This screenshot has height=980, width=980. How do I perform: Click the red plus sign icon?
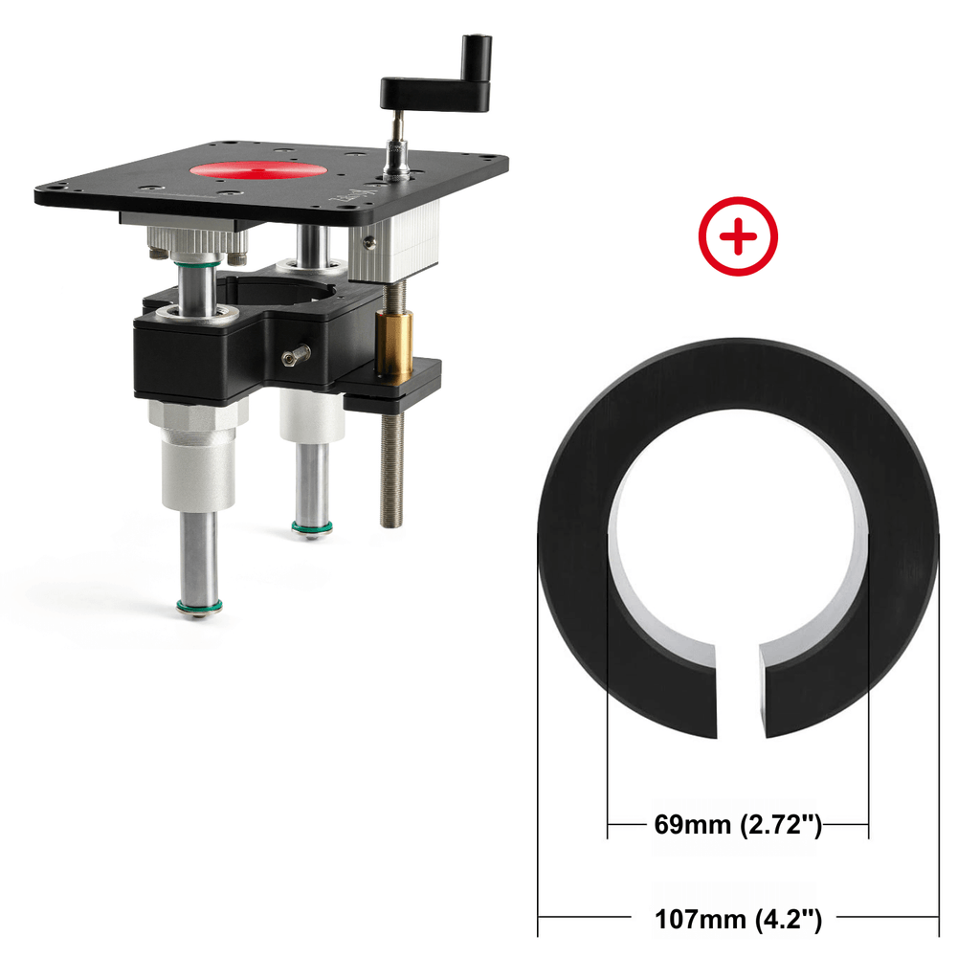[738, 236]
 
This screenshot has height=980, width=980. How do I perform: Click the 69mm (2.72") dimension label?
[738, 825]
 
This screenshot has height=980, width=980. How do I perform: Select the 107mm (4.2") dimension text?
[738, 920]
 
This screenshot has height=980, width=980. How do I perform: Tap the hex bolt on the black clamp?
[297, 355]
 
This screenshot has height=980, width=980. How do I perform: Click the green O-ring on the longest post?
[199, 606]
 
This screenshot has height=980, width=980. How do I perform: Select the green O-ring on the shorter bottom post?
[312, 528]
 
